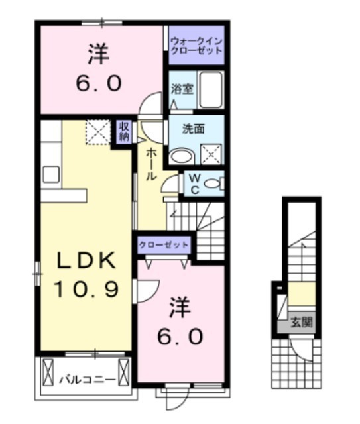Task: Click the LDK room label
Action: (x=87, y=261)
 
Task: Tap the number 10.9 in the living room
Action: (x=87, y=288)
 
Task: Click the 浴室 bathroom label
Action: (x=182, y=89)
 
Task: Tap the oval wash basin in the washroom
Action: (x=179, y=156)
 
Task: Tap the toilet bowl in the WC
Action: (x=213, y=184)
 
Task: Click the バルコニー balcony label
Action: (x=87, y=380)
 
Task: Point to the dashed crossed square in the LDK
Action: (x=97, y=132)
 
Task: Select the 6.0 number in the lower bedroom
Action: (x=179, y=337)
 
